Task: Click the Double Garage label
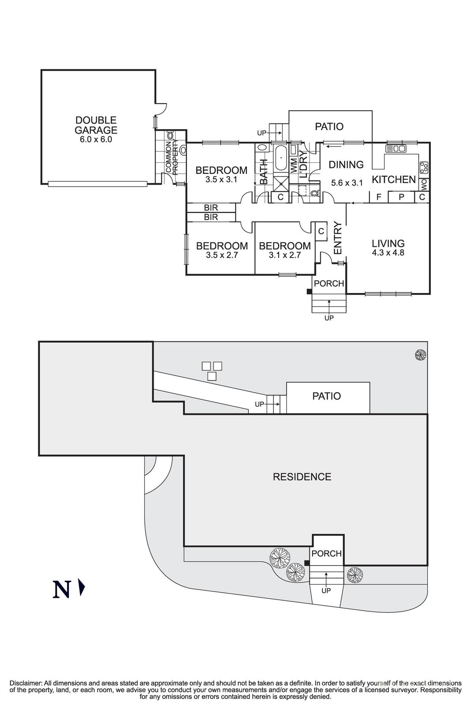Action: pyautogui.click(x=96, y=125)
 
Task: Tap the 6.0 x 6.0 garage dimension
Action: pyautogui.click(x=96, y=139)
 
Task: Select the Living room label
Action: pyautogui.click(x=388, y=243)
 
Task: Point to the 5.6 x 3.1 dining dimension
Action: pyautogui.click(x=347, y=183)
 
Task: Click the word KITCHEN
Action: pyautogui.click(x=394, y=180)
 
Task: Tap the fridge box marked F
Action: pyautogui.click(x=379, y=197)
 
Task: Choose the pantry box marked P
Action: pyautogui.click(x=401, y=197)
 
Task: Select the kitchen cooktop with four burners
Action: pyautogui.click(x=424, y=167)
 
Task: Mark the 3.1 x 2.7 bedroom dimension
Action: pyautogui.click(x=285, y=255)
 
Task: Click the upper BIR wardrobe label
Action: pyautogui.click(x=211, y=208)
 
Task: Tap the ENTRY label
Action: pyautogui.click(x=338, y=238)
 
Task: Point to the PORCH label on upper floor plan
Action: pyautogui.click(x=329, y=284)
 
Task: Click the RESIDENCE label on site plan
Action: pyautogui.click(x=302, y=477)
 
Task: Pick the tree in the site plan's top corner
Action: pyautogui.click(x=421, y=355)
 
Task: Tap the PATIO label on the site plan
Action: pyautogui.click(x=327, y=396)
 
